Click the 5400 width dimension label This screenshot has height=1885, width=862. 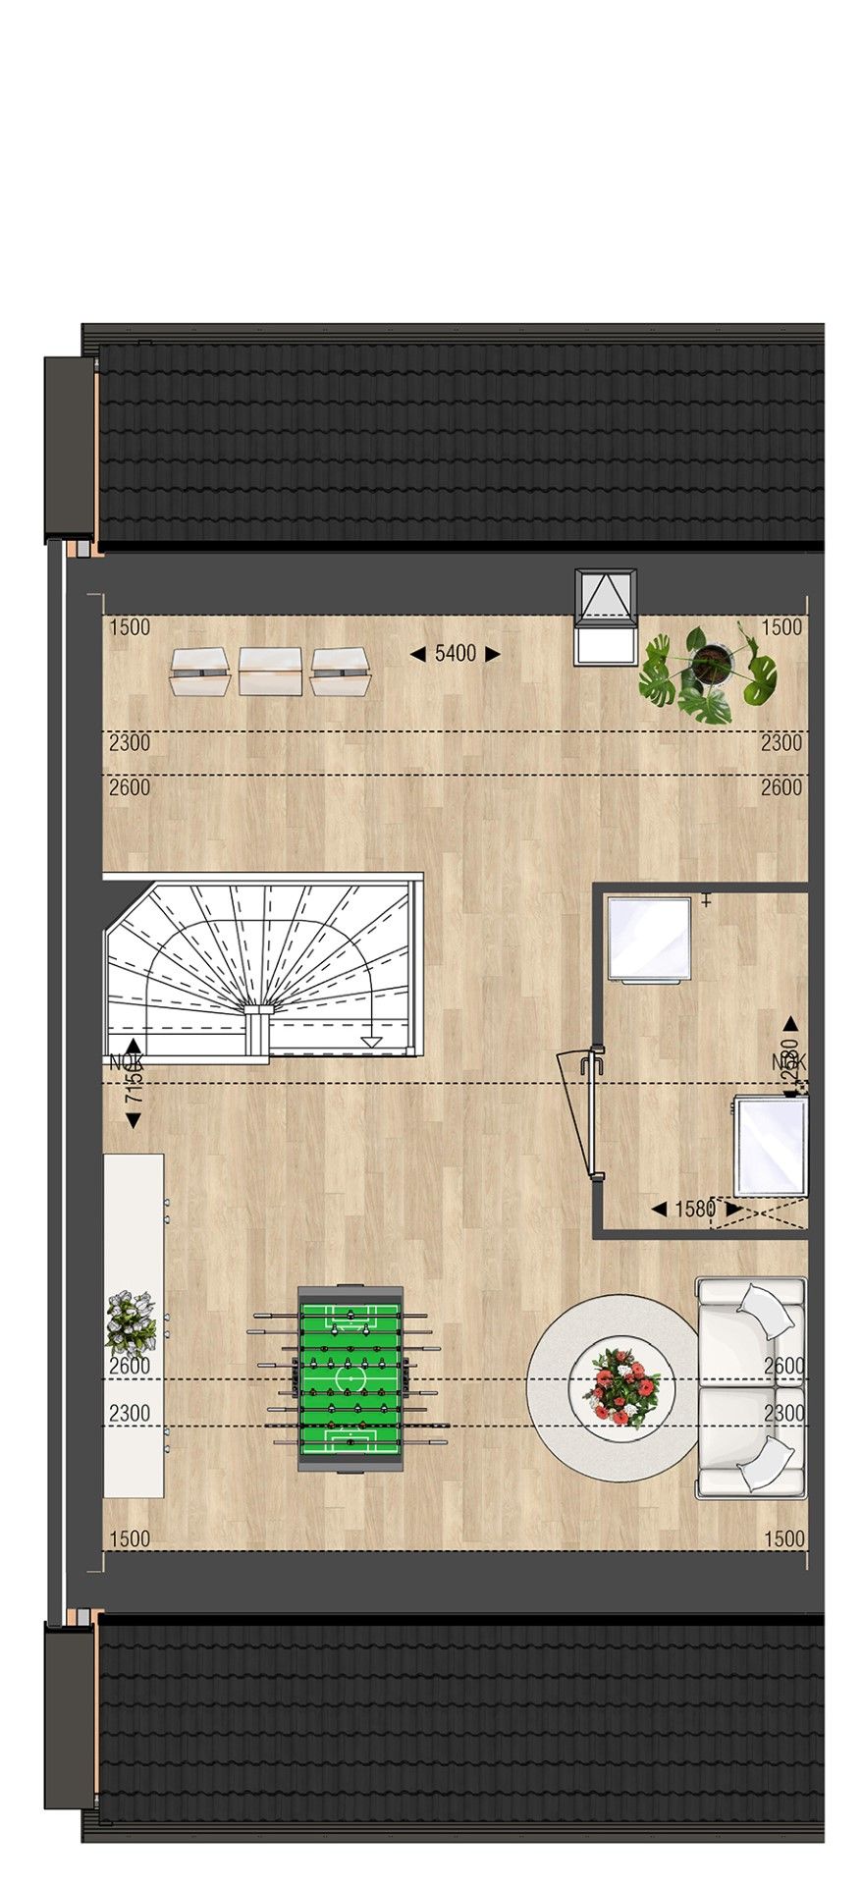pos(455,654)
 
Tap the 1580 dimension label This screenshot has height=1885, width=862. pos(694,1210)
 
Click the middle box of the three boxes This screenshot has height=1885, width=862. pos(270,672)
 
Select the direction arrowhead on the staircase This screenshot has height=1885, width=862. pos(371,1042)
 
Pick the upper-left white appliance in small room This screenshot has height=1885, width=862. pos(648,939)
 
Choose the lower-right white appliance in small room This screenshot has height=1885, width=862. pos(772,1147)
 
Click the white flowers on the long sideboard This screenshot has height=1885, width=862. pos(131,1322)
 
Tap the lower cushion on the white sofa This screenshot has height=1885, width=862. pos(765,1463)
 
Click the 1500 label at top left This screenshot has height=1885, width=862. pos(130,627)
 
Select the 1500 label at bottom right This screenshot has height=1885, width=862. pos(782,1539)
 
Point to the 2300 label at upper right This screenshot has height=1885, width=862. pos(781,743)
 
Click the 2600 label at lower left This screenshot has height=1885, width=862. pos(130,1366)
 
